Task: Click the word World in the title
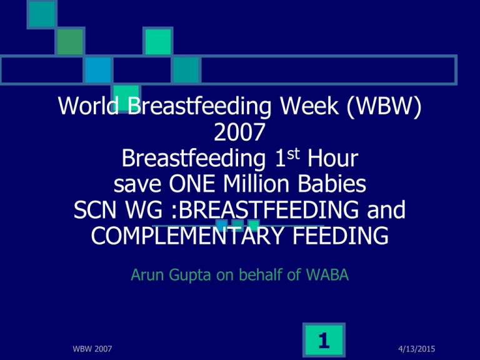[89, 106]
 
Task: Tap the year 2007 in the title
[239, 132]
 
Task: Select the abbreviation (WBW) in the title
[384, 106]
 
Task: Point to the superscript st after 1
[293, 154]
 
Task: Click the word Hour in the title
[332, 158]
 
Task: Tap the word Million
[256, 184]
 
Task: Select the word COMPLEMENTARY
[187, 236]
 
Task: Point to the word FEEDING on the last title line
[341, 236]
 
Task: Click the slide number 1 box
[324, 340]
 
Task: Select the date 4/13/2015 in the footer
[417, 349]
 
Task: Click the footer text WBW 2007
[92, 349]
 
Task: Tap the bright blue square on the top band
[98, 70]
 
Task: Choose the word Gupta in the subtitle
[190, 275]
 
